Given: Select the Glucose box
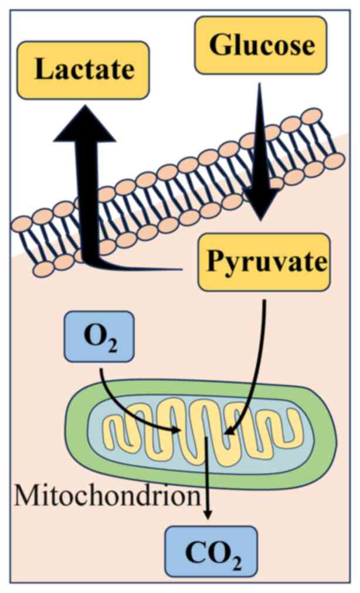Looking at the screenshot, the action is coord(260,45).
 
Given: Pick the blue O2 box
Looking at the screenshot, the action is coord(99,337).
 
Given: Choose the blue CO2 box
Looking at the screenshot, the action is coord(211,551).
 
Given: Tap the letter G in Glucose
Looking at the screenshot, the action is coord(219,45).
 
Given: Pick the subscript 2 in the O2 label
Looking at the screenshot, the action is coord(113,343).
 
